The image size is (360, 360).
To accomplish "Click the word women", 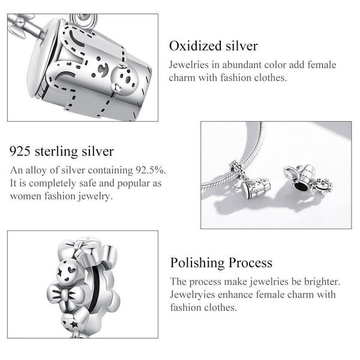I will coord(23,196).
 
